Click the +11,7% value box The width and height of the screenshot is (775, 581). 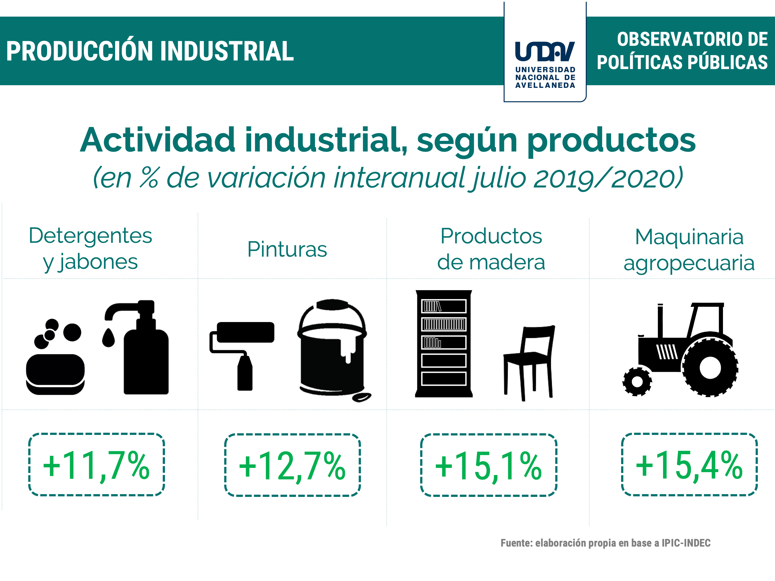(96, 464)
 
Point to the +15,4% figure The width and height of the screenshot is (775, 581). (689, 465)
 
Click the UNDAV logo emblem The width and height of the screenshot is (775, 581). (545, 51)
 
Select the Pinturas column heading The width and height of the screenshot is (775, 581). (287, 249)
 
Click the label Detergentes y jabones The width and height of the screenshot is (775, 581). (91, 249)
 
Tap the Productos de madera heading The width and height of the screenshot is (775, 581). (491, 249)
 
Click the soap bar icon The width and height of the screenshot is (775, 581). (55, 374)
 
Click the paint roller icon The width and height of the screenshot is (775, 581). (242, 356)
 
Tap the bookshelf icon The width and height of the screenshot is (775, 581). (444, 344)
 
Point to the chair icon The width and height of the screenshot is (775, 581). (529, 363)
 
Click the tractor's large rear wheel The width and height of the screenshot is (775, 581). (710, 367)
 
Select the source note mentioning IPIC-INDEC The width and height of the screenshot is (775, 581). (605, 543)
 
